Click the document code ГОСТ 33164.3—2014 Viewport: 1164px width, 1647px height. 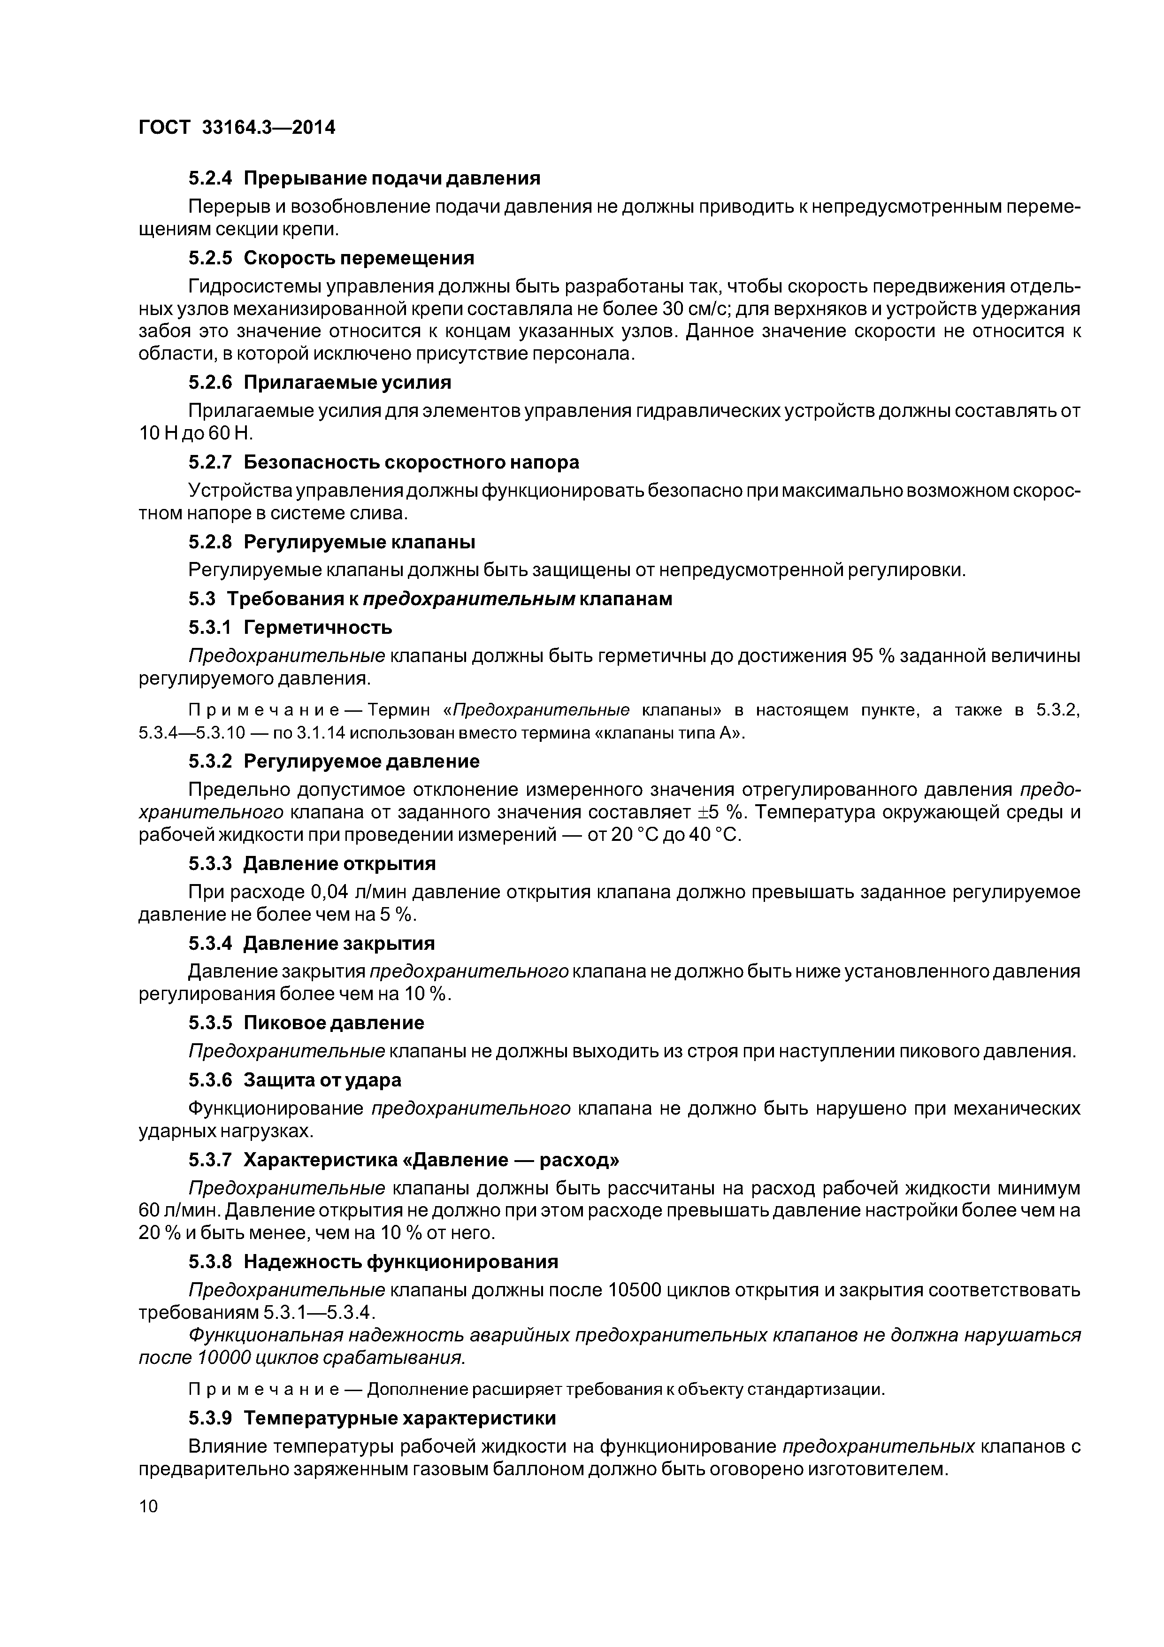tap(237, 128)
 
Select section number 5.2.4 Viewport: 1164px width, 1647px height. tap(210, 178)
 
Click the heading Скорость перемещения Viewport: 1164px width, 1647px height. tap(359, 258)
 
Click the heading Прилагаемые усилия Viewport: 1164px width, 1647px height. tap(347, 382)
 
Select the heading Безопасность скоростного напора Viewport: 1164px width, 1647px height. tap(411, 462)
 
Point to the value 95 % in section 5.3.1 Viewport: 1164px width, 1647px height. tap(872, 656)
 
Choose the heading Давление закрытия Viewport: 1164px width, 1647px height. tap(339, 943)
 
